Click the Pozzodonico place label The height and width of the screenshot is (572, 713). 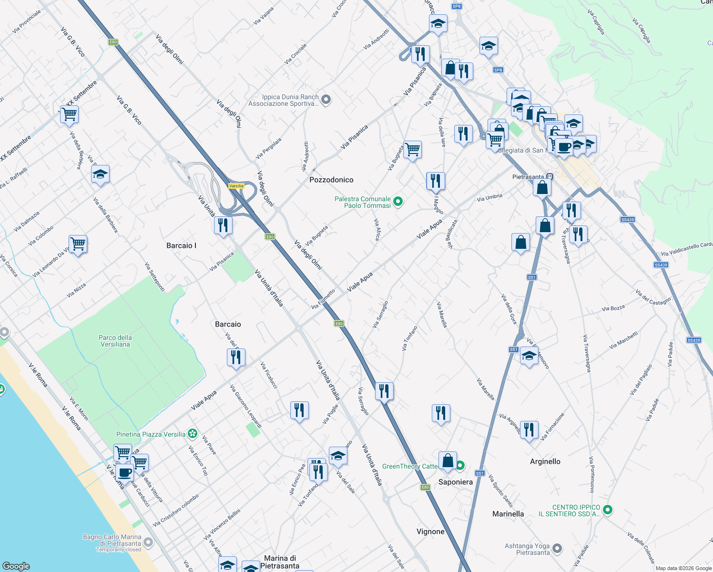[x=331, y=180]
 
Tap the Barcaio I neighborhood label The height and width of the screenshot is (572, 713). [x=181, y=245]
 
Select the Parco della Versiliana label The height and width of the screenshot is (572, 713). [x=115, y=341]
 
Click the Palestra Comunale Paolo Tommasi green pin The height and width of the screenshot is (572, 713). [x=398, y=202]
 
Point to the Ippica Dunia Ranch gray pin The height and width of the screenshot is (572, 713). [x=326, y=100]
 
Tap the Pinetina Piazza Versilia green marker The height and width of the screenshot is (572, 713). [x=192, y=434]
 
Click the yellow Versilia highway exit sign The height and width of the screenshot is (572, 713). [x=236, y=186]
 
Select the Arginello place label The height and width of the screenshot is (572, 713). [x=545, y=461]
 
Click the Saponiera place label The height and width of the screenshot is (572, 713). [x=456, y=482]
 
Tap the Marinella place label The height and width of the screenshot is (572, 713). [x=508, y=514]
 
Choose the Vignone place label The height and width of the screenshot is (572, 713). [x=430, y=531]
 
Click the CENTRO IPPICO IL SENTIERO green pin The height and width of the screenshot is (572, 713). [x=608, y=510]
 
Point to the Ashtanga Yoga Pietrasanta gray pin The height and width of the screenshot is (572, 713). [x=557, y=549]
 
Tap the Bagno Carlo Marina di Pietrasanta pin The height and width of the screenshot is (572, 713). [x=148, y=542]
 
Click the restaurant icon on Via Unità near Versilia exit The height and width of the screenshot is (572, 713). [x=223, y=225]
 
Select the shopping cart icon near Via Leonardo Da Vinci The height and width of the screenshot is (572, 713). [x=78, y=244]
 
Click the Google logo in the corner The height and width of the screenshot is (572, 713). [x=16, y=566]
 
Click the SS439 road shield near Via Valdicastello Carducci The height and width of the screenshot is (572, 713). [x=661, y=265]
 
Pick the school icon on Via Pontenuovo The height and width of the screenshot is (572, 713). [x=529, y=356]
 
